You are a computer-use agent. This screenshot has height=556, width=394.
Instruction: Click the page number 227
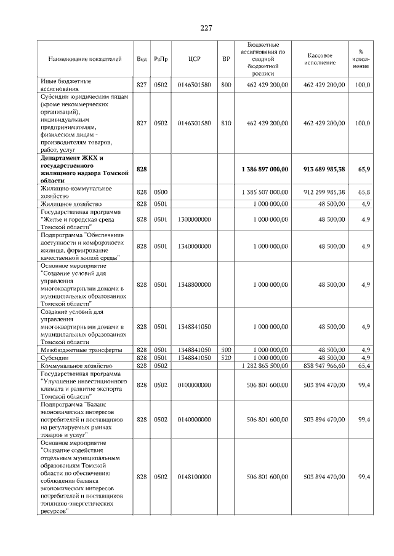(x=206, y=28)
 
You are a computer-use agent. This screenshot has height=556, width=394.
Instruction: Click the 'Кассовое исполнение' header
(x=319, y=59)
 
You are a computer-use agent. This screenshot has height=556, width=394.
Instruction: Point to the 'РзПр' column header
(x=161, y=59)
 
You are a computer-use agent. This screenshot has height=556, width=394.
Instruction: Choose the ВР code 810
(x=226, y=123)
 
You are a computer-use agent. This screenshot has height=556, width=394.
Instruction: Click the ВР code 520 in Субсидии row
(x=226, y=358)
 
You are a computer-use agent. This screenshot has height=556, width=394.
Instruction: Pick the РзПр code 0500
(x=161, y=192)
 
